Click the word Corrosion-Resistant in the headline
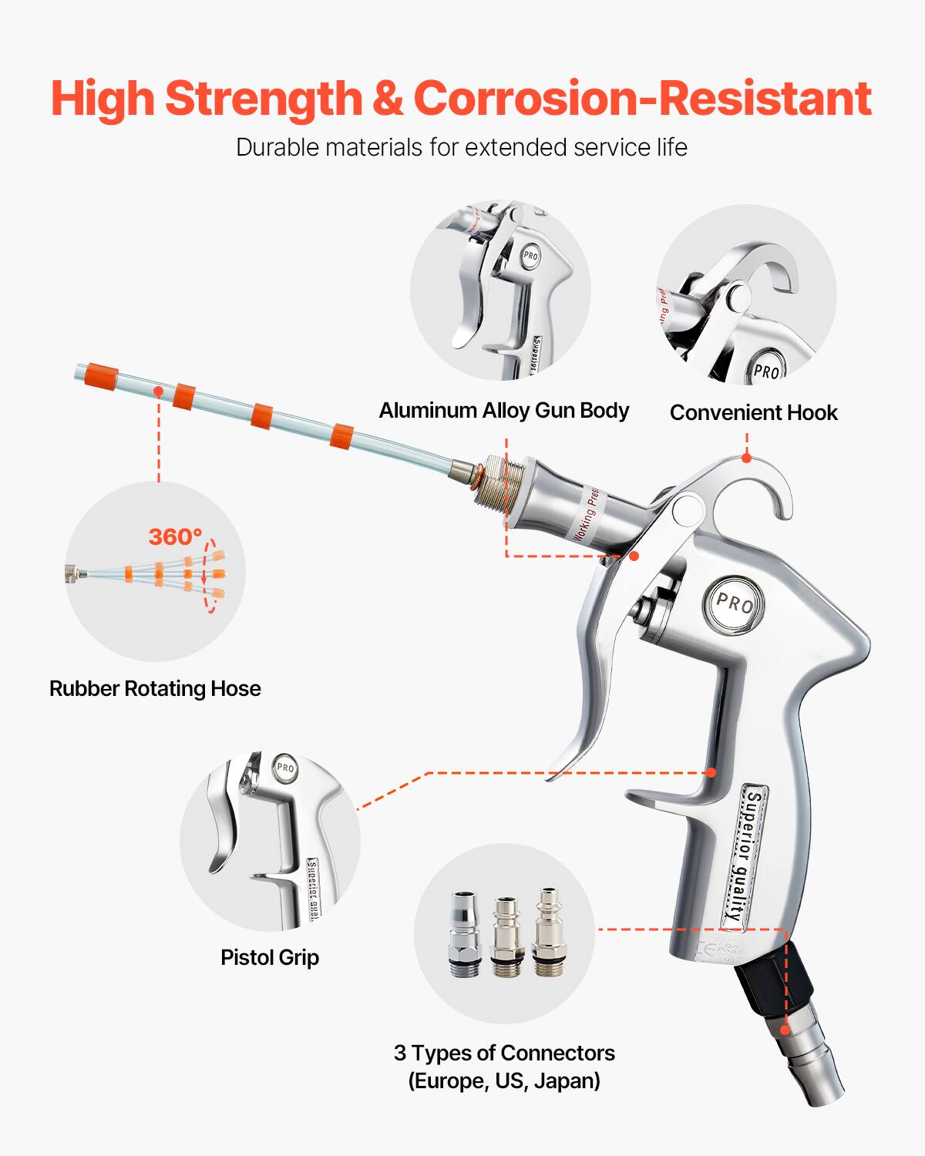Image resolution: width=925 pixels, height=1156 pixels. pos(642,99)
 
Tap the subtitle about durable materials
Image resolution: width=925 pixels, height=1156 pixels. pos(461,147)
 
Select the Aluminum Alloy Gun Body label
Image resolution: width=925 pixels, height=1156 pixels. pos(503,411)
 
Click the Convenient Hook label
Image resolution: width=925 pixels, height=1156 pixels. pos(753,413)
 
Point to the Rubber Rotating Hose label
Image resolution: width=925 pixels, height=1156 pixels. pos(155,688)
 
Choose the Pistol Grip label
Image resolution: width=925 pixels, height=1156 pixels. pos(270,957)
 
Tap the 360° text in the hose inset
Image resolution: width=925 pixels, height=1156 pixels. pos(175,536)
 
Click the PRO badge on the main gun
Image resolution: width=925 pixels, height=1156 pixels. pos(733,603)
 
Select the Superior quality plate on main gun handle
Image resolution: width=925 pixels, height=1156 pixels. pos(745,855)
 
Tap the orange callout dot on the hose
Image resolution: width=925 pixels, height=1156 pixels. pos(158,391)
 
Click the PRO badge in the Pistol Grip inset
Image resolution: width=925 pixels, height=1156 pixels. pos(285,768)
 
